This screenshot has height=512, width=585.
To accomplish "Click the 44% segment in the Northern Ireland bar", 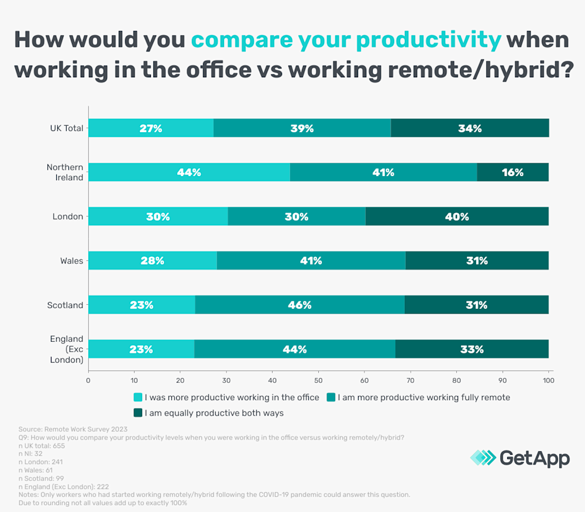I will click(x=189, y=172).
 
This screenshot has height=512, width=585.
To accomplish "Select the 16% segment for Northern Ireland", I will click(x=512, y=172).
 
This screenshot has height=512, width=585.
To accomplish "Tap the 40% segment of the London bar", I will click(x=457, y=217).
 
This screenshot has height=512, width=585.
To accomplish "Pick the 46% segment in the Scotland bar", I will click(x=300, y=305).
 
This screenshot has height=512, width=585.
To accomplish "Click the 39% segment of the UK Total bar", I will click(x=302, y=128).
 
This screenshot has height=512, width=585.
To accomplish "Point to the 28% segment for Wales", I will click(x=152, y=261).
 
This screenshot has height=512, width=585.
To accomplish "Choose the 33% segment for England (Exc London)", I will click(x=472, y=349).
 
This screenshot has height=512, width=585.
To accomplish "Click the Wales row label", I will click(x=71, y=261).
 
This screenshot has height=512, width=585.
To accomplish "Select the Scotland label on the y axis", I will click(x=65, y=305).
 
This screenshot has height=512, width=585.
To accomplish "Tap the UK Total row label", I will click(x=66, y=128).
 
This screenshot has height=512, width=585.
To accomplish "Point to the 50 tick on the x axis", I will click(x=318, y=380).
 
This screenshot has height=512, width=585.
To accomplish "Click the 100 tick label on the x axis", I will click(x=548, y=380).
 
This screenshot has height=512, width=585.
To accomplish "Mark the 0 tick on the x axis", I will click(x=88, y=380).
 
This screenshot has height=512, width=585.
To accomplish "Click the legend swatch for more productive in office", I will click(x=138, y=397).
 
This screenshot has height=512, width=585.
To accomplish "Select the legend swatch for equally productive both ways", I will click(x=138, y=413).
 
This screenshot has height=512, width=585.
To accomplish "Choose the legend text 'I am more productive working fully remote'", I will click(x=424, y=397).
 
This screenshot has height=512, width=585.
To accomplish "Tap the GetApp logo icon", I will click(x=483, y=458).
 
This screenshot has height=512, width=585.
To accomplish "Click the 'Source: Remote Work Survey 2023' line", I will click(x=73, y=429).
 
